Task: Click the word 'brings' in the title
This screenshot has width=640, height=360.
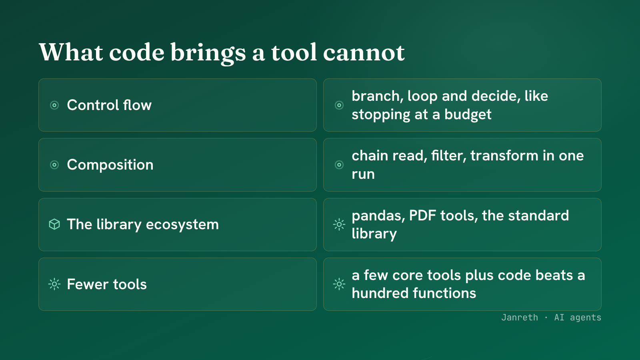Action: tap(208, 53)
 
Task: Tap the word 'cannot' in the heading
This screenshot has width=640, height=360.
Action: tap(364, 53)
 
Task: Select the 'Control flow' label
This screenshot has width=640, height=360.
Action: tap(109, 105)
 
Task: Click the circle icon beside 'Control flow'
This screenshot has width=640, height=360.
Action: tap(54, 105)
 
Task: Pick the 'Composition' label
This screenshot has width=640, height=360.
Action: tap(110, 165)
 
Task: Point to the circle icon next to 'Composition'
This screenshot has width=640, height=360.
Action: tap(54, 165)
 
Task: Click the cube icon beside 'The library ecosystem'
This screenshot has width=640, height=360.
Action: tap(54, 224)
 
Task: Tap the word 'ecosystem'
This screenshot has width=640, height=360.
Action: tap(182, 224)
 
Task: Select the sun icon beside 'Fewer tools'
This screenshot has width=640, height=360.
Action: tap(54, 284)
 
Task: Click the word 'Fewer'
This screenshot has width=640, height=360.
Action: tap(88, 284)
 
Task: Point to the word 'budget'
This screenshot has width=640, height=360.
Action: tap(468, 114)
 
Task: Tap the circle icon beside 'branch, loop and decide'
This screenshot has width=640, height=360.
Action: tap(339, 105)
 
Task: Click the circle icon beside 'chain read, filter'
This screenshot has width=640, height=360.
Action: tap(339, 165)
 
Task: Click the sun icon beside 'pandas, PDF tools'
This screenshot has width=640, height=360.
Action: tap(339, 224)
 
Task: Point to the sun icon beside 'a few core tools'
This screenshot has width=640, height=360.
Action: tap(339, 284)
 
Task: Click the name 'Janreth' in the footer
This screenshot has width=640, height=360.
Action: tap(520, 318)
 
